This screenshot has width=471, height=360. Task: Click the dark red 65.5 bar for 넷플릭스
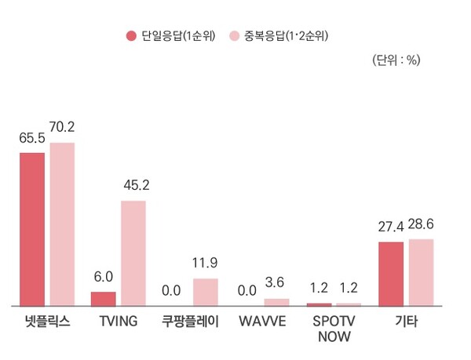[32, 228]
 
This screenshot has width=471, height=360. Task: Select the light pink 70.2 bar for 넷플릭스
[62, 224]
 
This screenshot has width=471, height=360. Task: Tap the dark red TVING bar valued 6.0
[103, 298]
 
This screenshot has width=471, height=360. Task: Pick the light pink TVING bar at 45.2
[133, 253]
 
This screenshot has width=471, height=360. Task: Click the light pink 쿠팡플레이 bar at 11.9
[205, 291]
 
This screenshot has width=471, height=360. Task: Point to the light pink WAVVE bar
[276, 301]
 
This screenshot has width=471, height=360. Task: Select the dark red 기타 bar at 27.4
[391, 273]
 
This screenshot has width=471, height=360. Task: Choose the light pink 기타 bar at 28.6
[421, 271]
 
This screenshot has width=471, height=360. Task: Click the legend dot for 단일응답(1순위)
[131, 36]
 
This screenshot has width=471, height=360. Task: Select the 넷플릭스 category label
[47, 322]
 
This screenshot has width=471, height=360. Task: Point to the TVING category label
[119, 322]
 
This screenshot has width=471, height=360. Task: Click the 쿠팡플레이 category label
[191, 322]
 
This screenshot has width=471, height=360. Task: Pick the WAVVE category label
[262, 322]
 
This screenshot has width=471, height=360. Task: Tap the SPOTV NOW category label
[334, 329]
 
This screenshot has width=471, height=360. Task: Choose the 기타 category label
[406, 322]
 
